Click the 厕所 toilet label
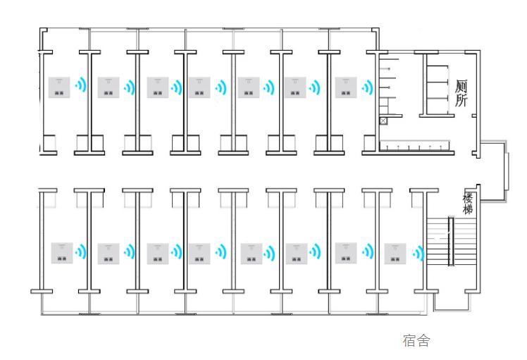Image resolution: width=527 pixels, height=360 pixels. point(461,93)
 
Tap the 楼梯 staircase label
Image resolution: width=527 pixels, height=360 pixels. point(468,204)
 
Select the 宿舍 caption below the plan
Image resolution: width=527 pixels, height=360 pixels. point(416,340)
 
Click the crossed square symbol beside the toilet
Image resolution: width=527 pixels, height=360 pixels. point(383,121)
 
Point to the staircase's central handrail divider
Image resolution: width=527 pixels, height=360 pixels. point(451,242)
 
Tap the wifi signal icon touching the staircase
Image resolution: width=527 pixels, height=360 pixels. point(418,253)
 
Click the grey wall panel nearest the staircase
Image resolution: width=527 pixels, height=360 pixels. point(395,254)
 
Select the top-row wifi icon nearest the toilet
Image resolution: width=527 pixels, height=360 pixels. point(368,87)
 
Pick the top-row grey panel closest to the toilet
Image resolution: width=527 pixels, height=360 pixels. point(346,87)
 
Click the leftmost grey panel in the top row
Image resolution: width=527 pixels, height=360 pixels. point(59,87)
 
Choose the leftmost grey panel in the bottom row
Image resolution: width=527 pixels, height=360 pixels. point(62,253)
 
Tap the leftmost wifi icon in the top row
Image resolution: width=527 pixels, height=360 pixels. point(80,85)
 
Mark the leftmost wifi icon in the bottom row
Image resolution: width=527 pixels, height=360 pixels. point(80,252)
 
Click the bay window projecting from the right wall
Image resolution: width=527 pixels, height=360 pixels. point(494,171)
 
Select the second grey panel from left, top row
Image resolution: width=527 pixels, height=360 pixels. point(108,87)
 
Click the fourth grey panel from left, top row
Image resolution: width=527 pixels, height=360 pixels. point(199,87)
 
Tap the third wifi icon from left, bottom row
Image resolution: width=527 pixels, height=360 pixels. point(176,252)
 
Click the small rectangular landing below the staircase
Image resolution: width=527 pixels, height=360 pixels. point(451,302)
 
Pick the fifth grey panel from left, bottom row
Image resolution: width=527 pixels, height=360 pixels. point(252,254)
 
